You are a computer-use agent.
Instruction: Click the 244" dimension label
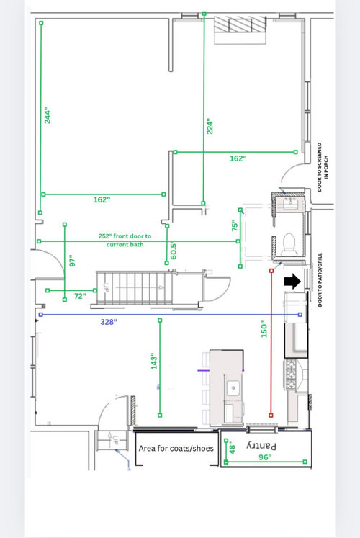coord(48,117)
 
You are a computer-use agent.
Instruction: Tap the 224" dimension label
coord(210,127)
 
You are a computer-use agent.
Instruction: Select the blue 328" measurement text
coord(109,322)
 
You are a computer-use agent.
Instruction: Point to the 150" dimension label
coord(264,329)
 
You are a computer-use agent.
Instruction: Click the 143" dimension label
coord(154,362)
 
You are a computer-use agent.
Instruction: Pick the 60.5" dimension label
coord(174,251)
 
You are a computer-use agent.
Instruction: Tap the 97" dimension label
coord(72,261)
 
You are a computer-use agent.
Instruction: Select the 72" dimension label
coord(80,296)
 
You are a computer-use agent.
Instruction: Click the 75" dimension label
coord(235,225)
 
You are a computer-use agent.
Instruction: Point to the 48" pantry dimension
coord(232,448)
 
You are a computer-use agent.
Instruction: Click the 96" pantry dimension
coord(265,457)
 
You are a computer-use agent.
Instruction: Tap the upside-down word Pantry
coord(261,446)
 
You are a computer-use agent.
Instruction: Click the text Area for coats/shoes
coord(176,448)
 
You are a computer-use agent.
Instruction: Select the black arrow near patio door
coord(292,282)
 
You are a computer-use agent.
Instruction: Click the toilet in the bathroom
coord(289,244)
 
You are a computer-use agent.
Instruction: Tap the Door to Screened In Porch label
coord(323,167)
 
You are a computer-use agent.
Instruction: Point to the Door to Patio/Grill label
coord(320,279)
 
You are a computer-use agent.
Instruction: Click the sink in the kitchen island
coord(233,388)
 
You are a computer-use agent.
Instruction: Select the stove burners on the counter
coord(290,375)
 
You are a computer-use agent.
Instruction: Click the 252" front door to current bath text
coord(125,240)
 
